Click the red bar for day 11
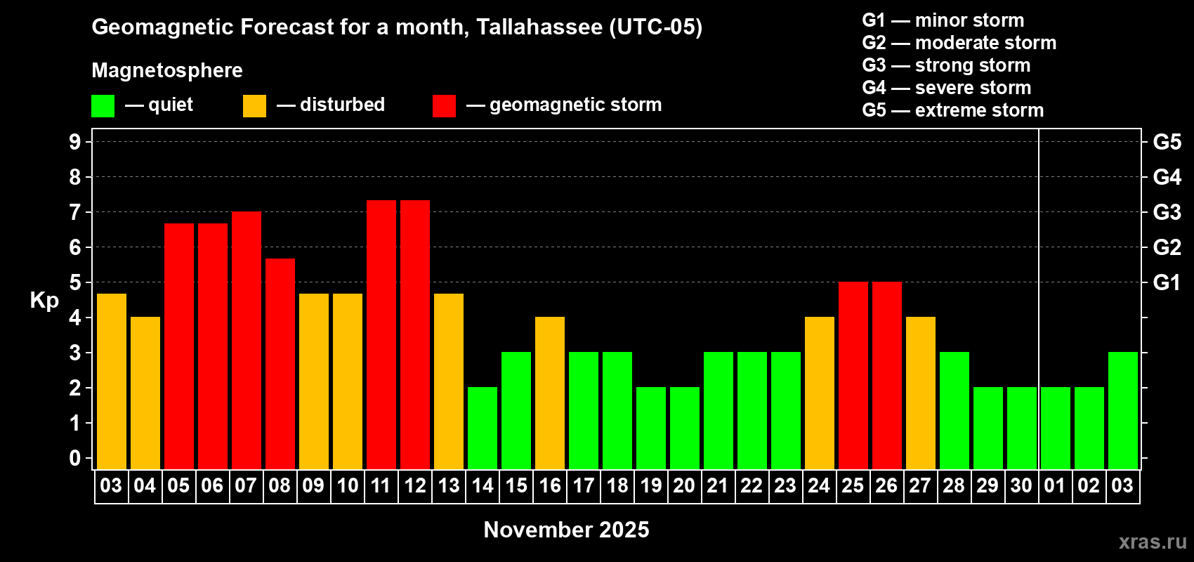point(381,335)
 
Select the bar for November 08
point(280,364)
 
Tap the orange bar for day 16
point(550,393)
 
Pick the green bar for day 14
point(483,428)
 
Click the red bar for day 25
point(853,376)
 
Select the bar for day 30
point(1022,428)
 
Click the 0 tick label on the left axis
point(74,458)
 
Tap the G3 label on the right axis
point(1167,212)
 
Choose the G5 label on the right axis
point(1167,142)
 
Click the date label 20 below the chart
point(684,485)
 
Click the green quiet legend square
point(103,105)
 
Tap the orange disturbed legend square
point(255,105)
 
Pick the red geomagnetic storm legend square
point(445,105)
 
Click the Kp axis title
point(44,301)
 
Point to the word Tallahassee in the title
point(539,27)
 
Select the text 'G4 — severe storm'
point(947,87)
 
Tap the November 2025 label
point(567,530)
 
